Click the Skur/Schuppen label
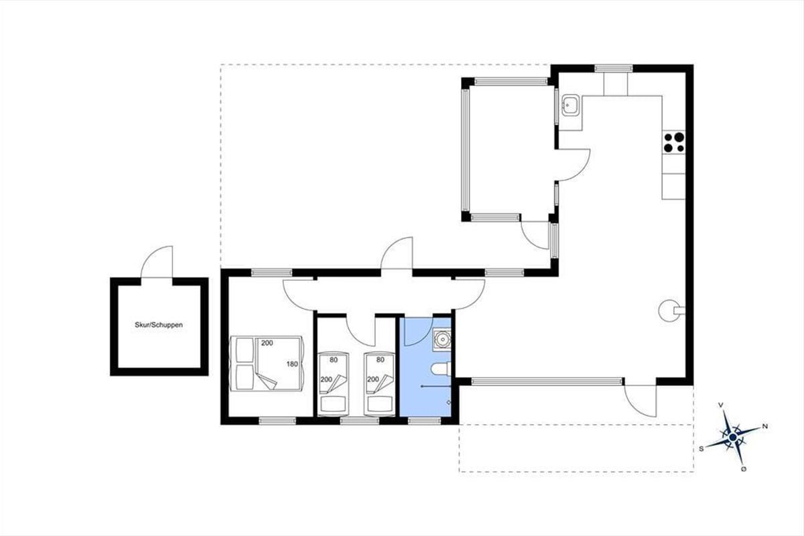tap(159, 325)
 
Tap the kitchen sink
tap(570, 105)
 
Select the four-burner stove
tap(674, 142)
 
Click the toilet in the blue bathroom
tap(440, 369)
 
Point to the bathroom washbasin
tap(442, 339)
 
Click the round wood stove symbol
tap(671, 310)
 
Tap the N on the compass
tap(765, 427)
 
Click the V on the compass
tap(720, 405)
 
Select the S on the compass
tap(701, 449)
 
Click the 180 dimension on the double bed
tap(292, 364)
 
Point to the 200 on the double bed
tap(267, 343)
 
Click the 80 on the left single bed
tap(334, 360)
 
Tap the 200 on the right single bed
tap(373, 379)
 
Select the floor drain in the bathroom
tap(449, 402)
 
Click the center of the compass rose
tap(732, 437)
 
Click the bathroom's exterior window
tap(424, 421)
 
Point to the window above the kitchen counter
tap(614, 68)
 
